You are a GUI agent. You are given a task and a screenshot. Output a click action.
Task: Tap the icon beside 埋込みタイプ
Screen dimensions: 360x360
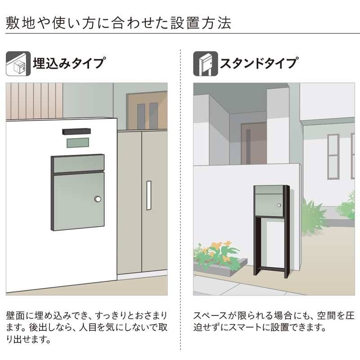(18, 63)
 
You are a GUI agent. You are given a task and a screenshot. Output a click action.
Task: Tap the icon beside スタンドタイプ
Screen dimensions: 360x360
(205, 63)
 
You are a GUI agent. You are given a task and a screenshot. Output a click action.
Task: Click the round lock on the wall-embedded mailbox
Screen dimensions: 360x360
(98, 199)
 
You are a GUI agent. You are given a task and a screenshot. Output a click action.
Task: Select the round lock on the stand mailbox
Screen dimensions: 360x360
(279, 206)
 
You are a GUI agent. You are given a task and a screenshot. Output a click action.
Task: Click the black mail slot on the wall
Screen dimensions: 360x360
(77, 131)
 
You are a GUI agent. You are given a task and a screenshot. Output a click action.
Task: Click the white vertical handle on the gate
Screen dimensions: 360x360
(149, 195)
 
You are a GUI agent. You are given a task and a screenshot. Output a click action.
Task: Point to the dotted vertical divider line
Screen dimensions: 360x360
(180, 202)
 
